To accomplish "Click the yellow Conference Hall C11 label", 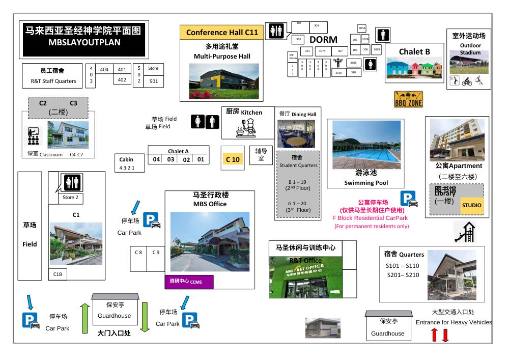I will [x=222, y=33].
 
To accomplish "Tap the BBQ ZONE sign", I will [x=408, y=99].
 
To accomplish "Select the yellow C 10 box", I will [x=233, y=159].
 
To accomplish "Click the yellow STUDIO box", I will [x=471, y=205].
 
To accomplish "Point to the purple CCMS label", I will [x=188, y=281].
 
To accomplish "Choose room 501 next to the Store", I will [x=153, y=81].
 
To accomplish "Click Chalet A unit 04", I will [x=157, y=159].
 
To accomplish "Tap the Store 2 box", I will [x=70, y=198].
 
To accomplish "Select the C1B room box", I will [x=58, y=274].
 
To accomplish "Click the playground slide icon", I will [x=466, y=232].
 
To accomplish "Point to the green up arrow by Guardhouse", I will [x=85, y=318].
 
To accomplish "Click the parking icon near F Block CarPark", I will [x=408, y=199].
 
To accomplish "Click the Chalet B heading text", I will [x=414, y=51].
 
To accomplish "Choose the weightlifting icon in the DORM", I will [x=337, y=63].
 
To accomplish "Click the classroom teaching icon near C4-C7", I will [x=34, y=136].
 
